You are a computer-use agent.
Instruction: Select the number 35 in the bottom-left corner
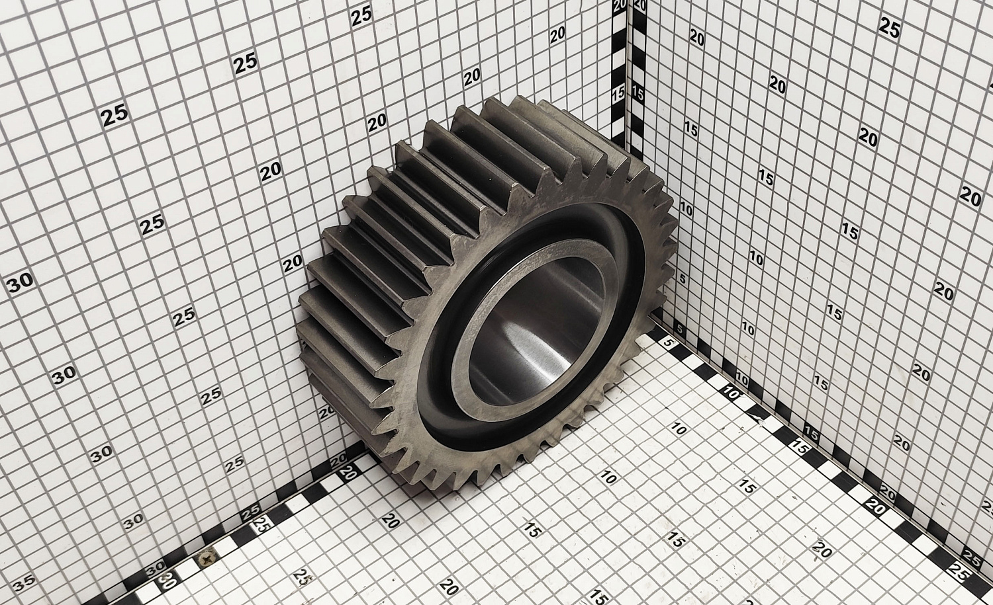(24, 583)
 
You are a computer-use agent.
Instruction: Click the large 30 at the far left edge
(19, 282)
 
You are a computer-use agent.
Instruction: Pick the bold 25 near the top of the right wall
(889, 28)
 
